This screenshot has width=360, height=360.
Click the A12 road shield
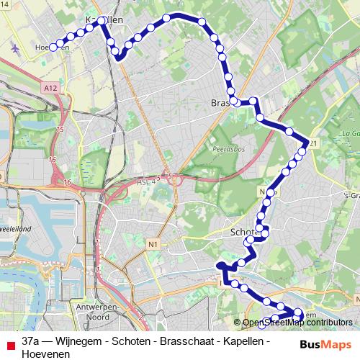(49, 87)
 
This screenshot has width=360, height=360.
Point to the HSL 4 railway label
(146, 184)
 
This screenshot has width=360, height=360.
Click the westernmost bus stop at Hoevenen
(53, 48)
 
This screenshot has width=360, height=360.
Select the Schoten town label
(245, 233)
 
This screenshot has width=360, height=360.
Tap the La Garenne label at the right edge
(351, 133)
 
